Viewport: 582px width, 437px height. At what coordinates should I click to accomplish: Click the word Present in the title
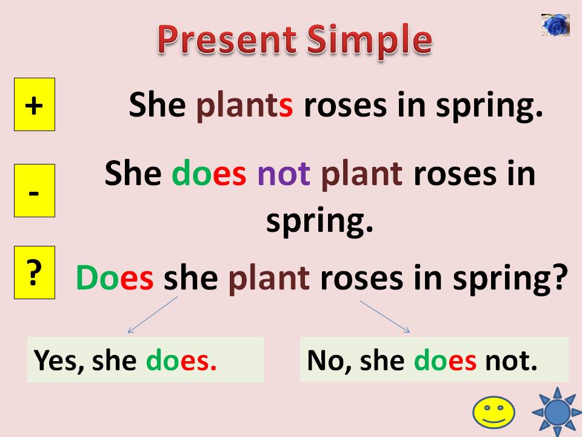point(227,41)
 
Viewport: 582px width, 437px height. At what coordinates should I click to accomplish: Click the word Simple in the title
point(369,41)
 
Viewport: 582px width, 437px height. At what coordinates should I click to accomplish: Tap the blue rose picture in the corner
point(555,25)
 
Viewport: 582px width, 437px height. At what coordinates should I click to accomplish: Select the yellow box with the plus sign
point(35,104)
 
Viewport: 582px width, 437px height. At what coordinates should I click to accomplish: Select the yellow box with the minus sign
point(35,191)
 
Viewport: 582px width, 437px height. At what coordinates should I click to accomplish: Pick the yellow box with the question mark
point(35,273)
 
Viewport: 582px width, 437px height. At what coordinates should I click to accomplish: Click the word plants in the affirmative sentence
point(245,106)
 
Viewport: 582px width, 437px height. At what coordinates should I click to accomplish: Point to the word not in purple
point(284,175)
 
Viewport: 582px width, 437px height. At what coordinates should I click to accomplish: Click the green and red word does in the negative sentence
point(209,175)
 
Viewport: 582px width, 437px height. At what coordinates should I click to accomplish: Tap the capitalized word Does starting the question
point(115,279)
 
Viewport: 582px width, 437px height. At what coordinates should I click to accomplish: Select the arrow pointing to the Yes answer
point(152,316)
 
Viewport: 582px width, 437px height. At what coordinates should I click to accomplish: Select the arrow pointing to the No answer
point(385,316)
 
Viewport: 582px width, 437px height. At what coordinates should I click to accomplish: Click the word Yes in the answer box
point(59,360)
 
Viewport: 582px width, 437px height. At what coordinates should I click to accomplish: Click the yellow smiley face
point(493,412)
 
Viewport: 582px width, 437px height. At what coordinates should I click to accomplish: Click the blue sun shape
point(557,412)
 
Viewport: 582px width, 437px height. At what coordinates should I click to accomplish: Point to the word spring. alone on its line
point(319,222)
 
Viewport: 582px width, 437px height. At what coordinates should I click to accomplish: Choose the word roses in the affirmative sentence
point(336,106)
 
